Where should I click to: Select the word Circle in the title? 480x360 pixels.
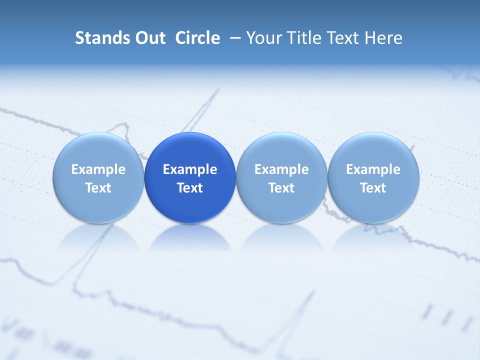click(x=197, y=38)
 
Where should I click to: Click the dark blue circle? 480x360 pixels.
click(x=190, y=177)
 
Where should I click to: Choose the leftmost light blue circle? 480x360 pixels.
click(x=98, y=177)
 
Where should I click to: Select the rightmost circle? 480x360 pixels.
click(x=373, y=177)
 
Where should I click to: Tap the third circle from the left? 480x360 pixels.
click(x=281, y=177)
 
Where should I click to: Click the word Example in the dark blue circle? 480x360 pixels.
click(x=190, y=169)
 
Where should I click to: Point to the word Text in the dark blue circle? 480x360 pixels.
click(x=190, y=188)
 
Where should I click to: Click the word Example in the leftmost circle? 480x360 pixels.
click(x=98, y=169)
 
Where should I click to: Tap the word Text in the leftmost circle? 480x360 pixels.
click(x=98, y=188)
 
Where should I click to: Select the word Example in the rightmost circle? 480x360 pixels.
click(x=373, y=169)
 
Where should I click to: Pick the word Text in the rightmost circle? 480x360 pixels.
click(x=373, y=188)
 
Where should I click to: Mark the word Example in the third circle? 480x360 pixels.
click(x=281, y=169)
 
